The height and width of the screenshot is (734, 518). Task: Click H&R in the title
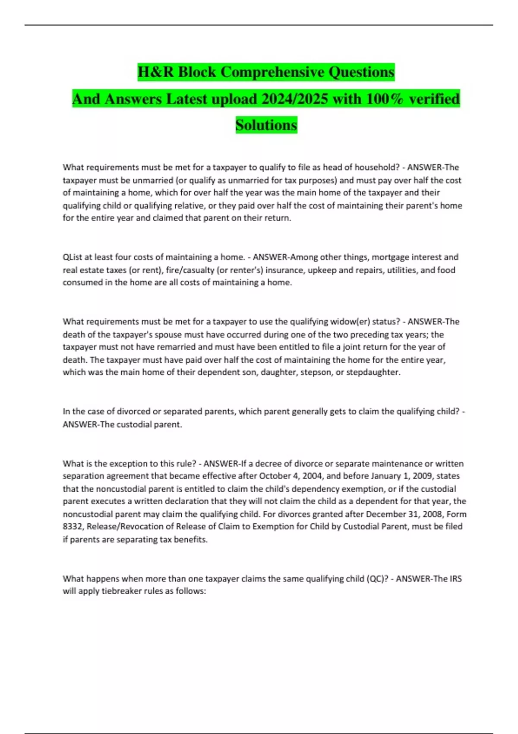[x=156, y=72]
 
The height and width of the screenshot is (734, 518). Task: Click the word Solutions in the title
[x=266, y=125]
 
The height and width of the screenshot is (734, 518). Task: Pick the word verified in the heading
[x=434, y=99]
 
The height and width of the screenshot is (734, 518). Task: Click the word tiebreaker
[x=123, y=591]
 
